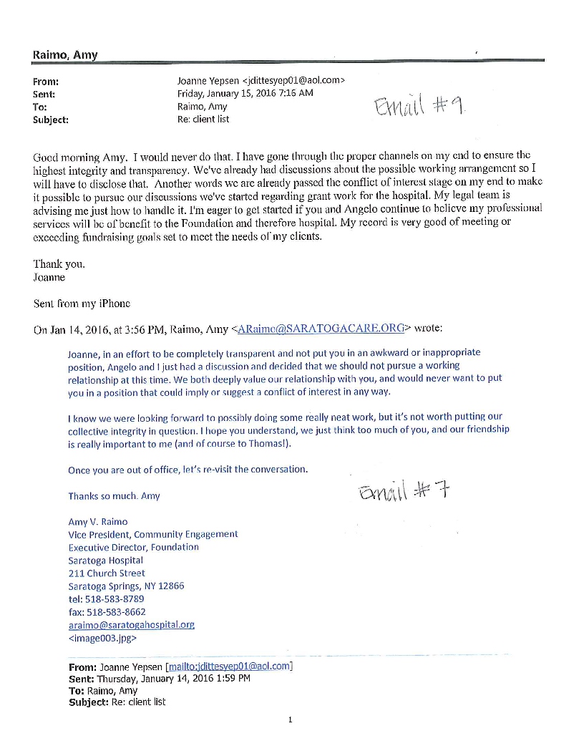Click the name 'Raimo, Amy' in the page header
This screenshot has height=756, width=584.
click(x=65, y=55)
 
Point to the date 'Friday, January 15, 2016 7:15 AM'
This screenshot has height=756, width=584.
click(x=245, y=94)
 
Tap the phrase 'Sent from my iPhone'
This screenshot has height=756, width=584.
click(x=82, y=303)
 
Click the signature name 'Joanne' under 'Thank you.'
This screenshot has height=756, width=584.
click(x=49, y=277)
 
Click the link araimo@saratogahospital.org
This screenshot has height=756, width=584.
click(x=131, y=624)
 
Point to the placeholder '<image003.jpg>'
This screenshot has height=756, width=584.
click(x=102, y=637)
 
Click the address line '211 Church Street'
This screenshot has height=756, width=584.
click(x=106, y=573)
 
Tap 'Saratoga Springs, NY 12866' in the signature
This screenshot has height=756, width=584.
click(x=126, y=586)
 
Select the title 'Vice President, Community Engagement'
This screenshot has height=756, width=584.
click(x=152, y=534)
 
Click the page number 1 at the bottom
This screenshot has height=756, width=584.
click(x=290, y=719)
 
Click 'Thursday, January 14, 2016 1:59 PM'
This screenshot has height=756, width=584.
click(x=173, y=678)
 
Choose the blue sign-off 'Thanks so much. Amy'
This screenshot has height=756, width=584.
click(x=114, y=495)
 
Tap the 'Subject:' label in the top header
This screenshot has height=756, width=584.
click(x=51, y=120)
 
